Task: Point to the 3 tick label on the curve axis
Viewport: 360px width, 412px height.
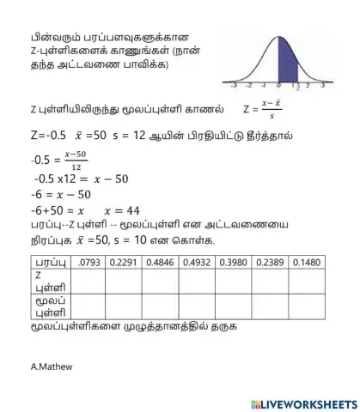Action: point(322,86)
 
